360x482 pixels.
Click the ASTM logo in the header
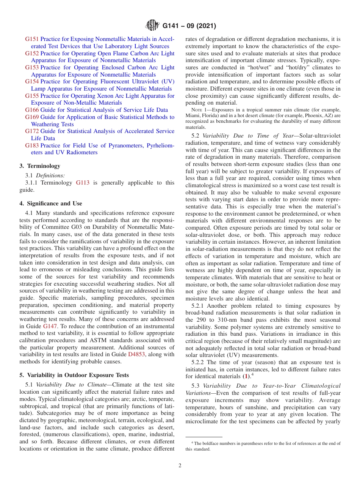click(152, 26)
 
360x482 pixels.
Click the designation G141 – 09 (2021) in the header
click(189, 26)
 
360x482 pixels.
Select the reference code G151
click(32, 39)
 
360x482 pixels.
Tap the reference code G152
click(32, 53)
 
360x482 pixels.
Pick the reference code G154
click(32, 81)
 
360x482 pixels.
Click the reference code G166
click(32, 110)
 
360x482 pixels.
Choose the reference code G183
click(32, 146)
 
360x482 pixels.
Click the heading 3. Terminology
click(40, 166)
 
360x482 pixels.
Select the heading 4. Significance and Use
click(51, 203)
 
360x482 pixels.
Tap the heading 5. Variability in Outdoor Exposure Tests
click(74, 375)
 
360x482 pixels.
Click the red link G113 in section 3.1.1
click(83, 183)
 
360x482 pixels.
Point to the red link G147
click(50, 326)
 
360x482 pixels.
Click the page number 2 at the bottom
click(180, 466)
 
